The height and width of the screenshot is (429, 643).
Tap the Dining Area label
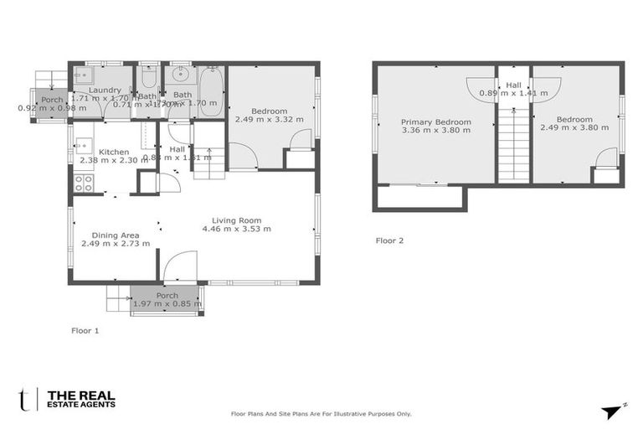coord(116,235)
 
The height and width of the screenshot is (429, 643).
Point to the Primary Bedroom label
coord(436,121)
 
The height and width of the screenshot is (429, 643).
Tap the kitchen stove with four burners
coord(84,183)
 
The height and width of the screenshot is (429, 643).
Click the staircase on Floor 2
coord(513,147)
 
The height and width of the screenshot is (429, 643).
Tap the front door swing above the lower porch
coord(180,267)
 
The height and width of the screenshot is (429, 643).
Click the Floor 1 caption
coord(85,331)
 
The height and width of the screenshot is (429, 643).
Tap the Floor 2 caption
coord(389,240)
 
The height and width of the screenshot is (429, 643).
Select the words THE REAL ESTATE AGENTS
coord(81,399)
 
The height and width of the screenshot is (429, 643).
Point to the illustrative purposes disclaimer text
coord(321,414)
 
